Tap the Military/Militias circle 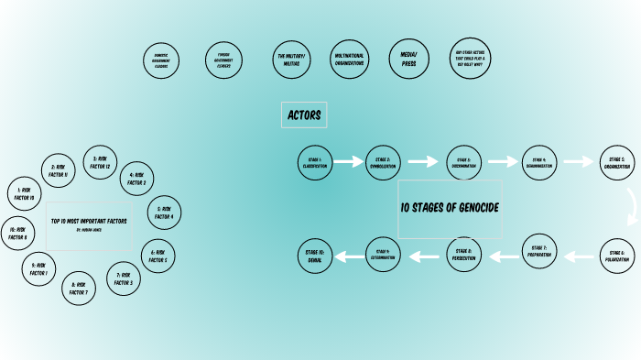tap(292, 60)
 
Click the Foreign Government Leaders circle tap(223, 60)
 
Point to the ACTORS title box tap(304, 115)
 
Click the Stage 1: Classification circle tap(315, 162)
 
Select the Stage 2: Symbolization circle tap(383, 162)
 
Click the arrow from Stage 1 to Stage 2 tap(349, 162)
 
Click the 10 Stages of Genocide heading tap(450, 208)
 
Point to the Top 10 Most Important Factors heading tap(89, 222)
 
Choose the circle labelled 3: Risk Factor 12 tap(101, 162)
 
